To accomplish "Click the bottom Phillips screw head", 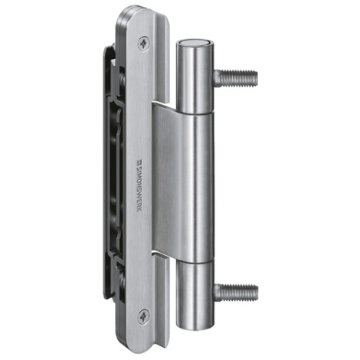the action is [x=143, y=317].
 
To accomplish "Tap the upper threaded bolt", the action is [x=235, y=78].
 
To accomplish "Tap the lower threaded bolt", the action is [x=235, y=292].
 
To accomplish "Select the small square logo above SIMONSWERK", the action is [x=139, y=162].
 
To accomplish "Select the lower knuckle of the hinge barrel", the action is [x=195, y=296].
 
